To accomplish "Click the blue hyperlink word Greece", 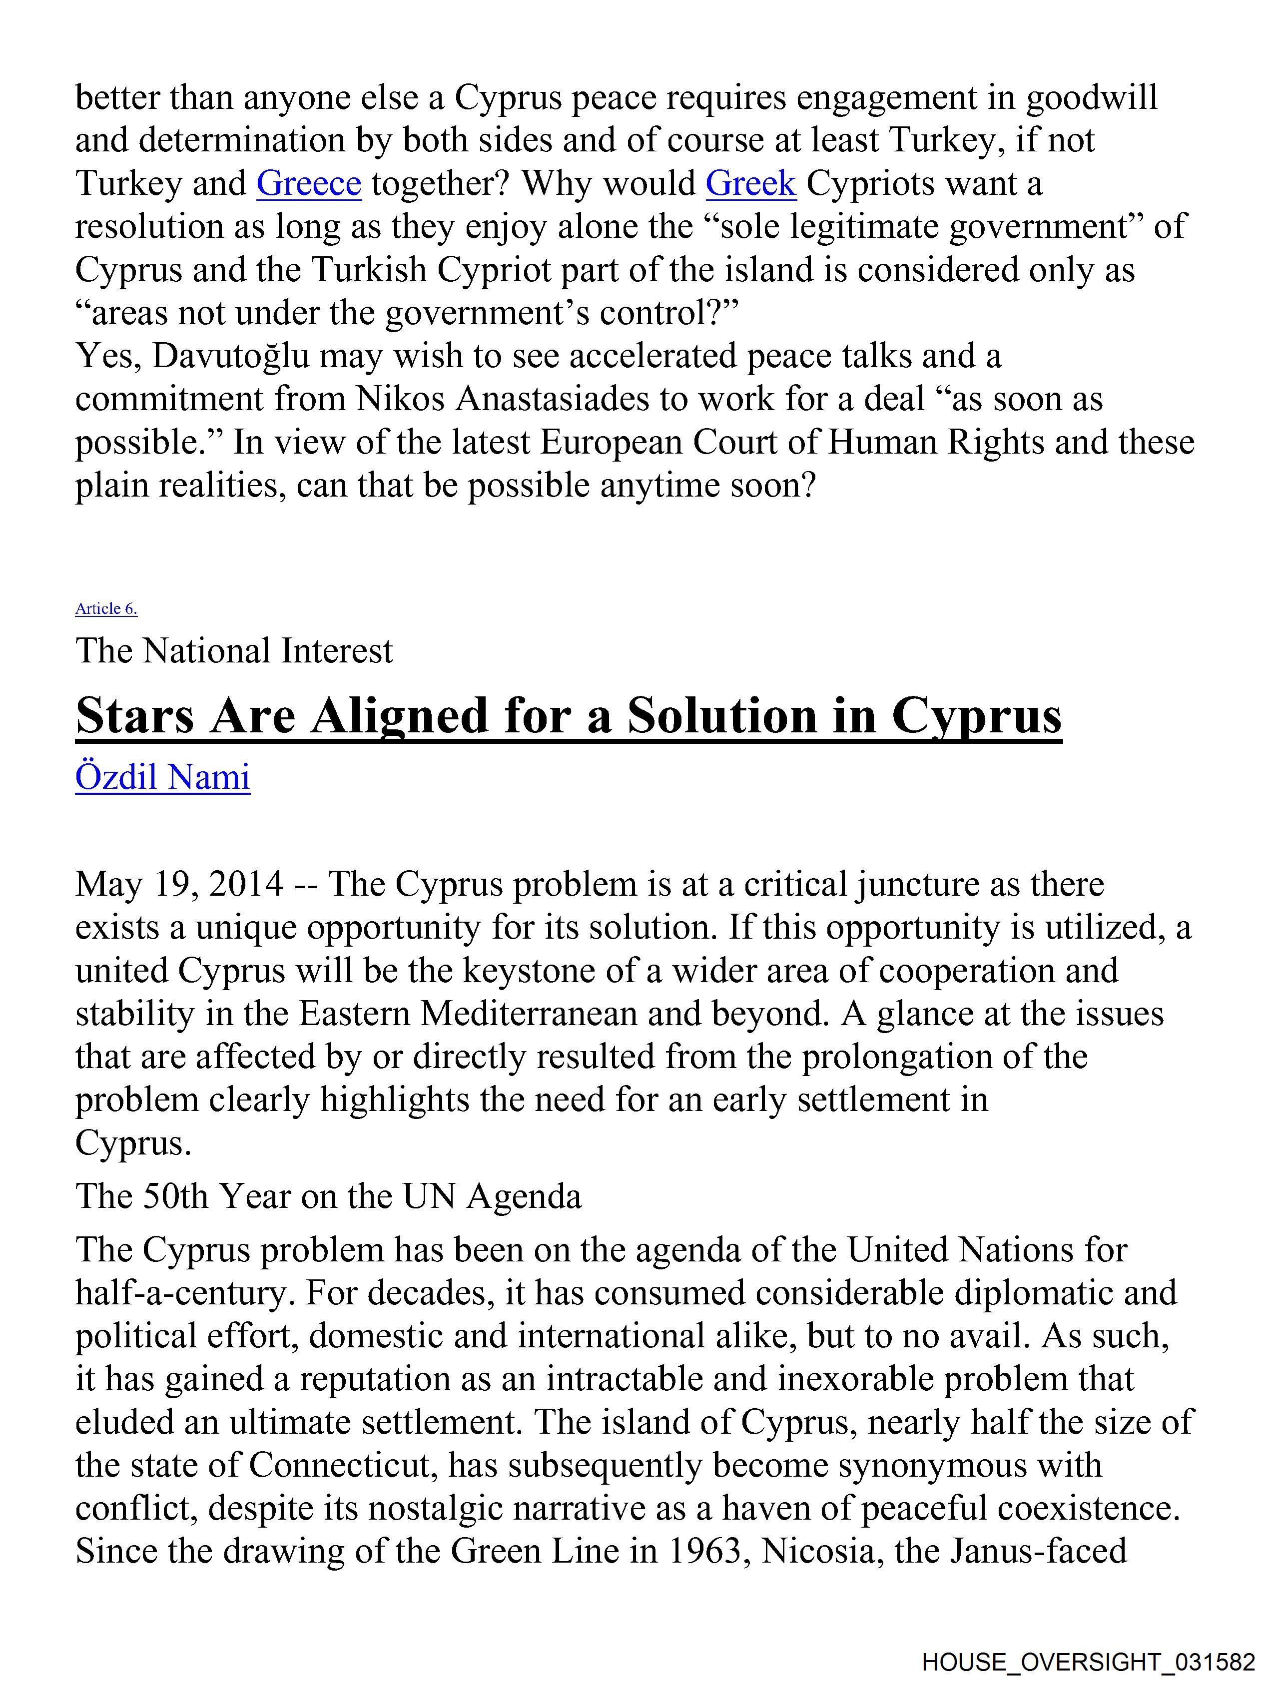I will coord(308,183).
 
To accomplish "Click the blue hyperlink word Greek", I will coord(750,183).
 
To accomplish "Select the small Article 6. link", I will coord(106,608).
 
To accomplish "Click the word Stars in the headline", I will coord(134,716).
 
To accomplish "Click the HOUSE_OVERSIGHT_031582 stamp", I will coord(1088,1662).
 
